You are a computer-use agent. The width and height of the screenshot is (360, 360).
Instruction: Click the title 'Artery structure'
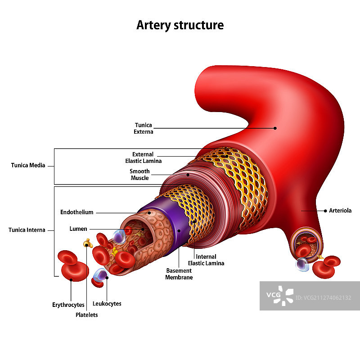tap(180, 25)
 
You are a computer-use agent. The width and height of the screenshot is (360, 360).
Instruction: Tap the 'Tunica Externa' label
tap(144, 128)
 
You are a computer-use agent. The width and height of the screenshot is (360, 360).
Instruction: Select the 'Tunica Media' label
tap(28, 165)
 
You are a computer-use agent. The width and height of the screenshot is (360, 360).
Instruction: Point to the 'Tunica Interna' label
tap(27, 230)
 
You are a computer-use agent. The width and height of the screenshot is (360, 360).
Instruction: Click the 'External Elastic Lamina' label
tap(143, 157)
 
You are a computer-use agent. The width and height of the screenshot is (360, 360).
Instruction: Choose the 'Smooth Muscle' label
tap(139, 175)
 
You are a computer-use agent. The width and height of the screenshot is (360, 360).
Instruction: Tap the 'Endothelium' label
tap(76, 212)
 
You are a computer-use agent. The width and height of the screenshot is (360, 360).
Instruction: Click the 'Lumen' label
tap(78, 229)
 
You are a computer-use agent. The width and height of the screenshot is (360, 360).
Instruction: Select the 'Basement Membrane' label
tap(179, 274)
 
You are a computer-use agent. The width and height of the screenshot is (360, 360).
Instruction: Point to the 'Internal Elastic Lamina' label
tap(206, 260)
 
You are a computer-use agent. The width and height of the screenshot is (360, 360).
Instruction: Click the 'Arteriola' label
tap(340, 211)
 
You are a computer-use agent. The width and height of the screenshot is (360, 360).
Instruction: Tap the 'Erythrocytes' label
tap(68, 305)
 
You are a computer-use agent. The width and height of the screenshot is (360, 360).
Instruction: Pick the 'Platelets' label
tap(86, 315)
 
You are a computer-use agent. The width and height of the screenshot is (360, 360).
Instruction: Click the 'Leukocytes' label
tap(107, 304)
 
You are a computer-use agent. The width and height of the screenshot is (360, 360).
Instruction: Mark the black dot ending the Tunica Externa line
tap(275, 128)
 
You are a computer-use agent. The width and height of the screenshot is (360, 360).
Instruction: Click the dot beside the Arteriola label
tap(325, 211)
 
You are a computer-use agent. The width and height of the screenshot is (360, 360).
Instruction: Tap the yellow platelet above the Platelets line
tap(87, 243)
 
